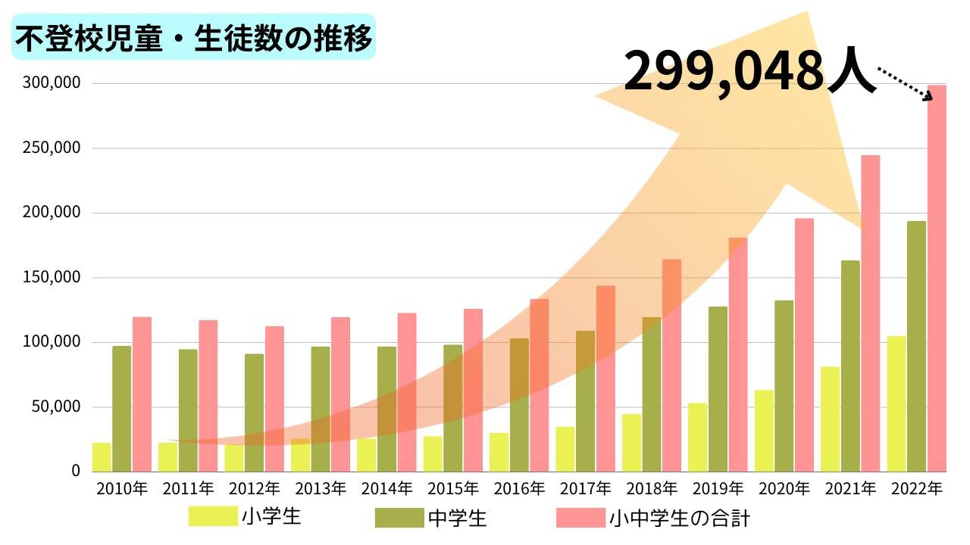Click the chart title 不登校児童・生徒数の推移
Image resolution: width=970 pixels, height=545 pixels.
coord(193,37)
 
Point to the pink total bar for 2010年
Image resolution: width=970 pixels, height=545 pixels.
coord(142,394)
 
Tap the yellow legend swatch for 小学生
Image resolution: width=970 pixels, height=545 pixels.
coord(213,517)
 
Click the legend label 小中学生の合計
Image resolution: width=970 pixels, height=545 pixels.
coord(679,519)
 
